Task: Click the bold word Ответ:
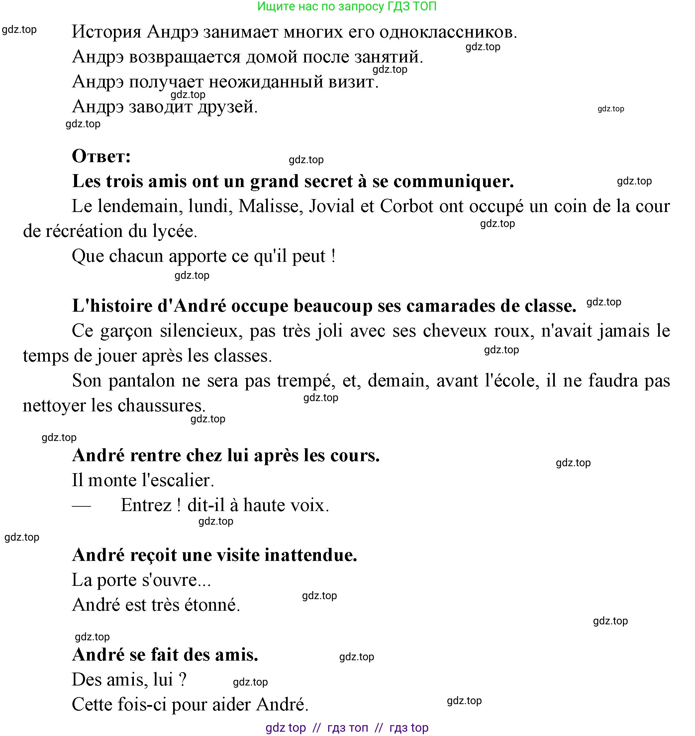point(101,156)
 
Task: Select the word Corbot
point(406,206)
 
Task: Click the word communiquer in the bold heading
point(454,181)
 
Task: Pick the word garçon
point(126,331)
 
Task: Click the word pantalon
point(142,380)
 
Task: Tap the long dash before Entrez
point(81,505)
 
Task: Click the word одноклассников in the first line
point(448,32)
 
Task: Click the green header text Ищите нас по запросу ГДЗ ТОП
point(347,6)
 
